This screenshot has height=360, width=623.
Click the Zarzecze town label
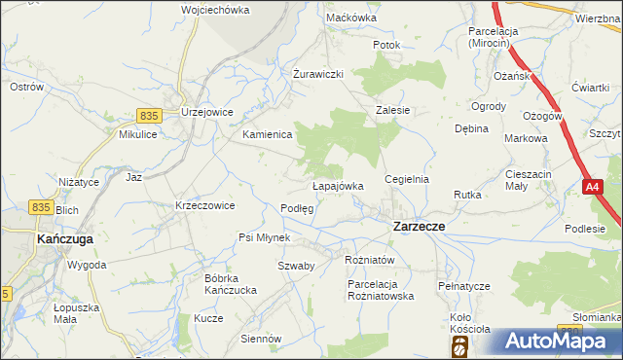pos(419,226)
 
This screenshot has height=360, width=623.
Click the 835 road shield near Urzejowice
pos(148,115)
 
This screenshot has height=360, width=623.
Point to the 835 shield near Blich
pos(40,206)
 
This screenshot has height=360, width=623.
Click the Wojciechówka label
pos(215,10)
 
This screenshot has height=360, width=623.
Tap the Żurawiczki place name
pos(319,75)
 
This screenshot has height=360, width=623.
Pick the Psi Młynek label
pos(265,237)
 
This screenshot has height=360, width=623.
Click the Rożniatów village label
pos(369,260)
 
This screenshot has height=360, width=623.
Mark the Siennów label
pos(261,339)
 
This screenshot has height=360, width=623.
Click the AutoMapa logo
pos(555,342)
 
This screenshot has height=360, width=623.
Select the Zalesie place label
pos(393,111)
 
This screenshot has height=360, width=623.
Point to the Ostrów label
pos(27,87)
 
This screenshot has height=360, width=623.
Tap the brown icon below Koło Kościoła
pos(458,346)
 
